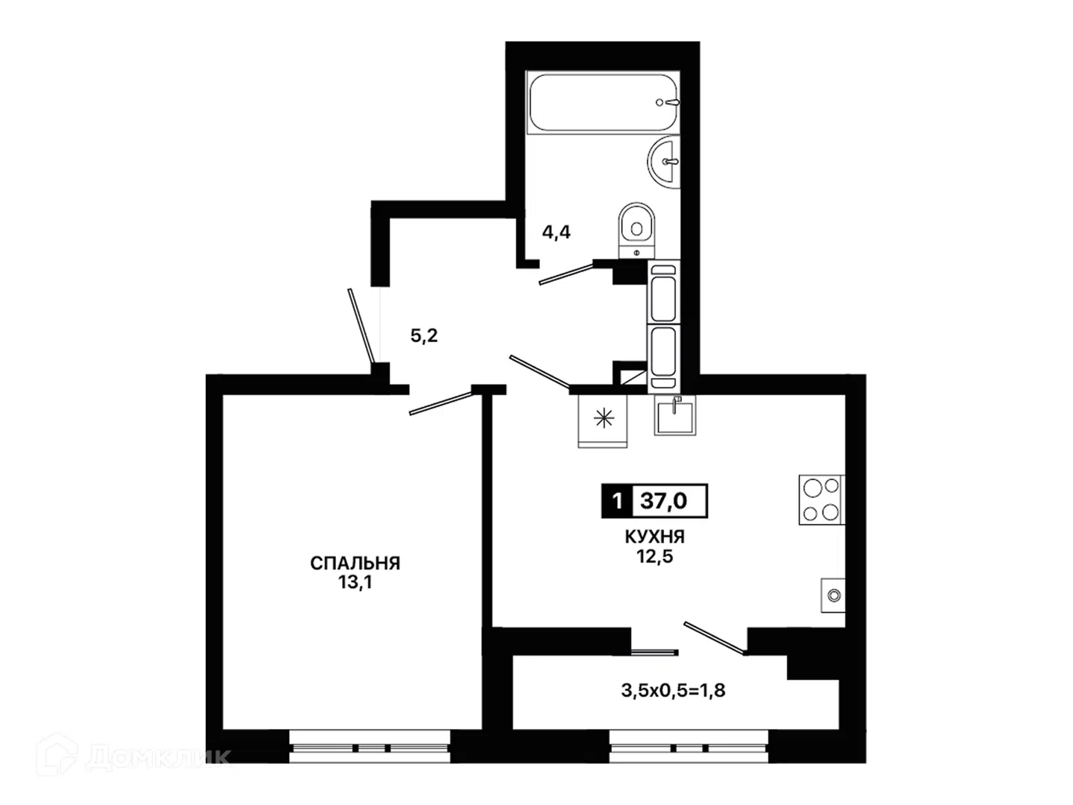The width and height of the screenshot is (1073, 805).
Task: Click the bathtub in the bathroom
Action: point(602,102)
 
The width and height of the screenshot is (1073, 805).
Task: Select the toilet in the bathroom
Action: point(636,230)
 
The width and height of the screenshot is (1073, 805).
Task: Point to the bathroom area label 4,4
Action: point(557,232)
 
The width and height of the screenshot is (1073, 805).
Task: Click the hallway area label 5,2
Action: point(424,335)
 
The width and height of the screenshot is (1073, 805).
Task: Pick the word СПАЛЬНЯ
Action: point(355,563)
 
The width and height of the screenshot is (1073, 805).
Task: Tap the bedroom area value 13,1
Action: point(355,583)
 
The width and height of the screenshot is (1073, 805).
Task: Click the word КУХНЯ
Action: point(654,537)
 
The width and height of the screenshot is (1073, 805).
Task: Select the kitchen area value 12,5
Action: point(654,556)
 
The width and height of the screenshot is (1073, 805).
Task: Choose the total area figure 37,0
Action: point(664,501)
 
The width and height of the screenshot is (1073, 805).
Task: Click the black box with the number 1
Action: point(617,501)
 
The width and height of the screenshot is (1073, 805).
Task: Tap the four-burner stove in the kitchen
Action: point(821,499)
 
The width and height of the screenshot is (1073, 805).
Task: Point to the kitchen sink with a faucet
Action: point(676,416)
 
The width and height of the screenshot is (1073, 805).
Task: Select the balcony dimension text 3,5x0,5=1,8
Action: point(673,691)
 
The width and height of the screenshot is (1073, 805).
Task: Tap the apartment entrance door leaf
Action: point(361,326)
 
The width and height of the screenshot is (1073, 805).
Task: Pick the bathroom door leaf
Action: point(567,274)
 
